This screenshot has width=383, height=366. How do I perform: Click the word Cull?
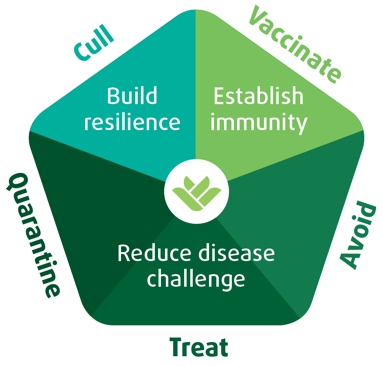94,43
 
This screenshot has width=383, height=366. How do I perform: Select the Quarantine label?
33,235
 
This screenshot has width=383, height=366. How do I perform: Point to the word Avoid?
358,235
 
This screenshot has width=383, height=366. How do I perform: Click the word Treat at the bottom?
199,347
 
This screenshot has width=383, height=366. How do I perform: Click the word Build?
132,96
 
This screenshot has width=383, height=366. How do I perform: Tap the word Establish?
258,96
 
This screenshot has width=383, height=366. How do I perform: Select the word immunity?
259,123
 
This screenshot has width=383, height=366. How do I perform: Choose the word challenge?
196,280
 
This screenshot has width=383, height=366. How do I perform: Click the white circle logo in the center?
196,192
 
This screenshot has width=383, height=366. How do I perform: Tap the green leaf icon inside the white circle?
197,193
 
